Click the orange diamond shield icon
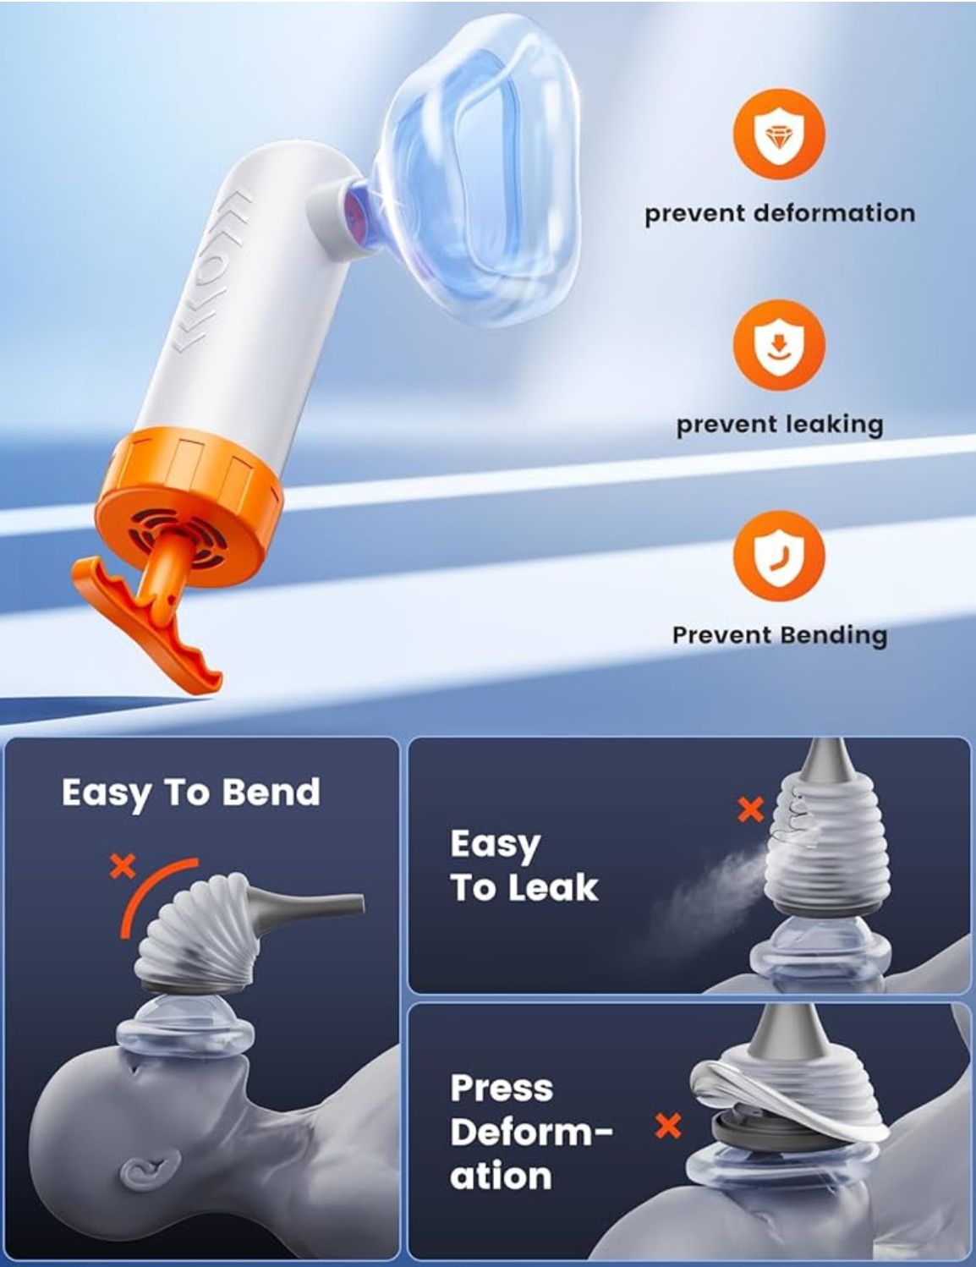[778, 135]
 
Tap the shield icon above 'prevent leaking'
[778, 346]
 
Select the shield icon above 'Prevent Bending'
[778, 556]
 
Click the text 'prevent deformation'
[779, 213]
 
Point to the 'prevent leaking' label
[779, 424]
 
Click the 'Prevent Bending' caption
[779, 635]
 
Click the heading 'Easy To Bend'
[191, 793]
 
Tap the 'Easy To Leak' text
[524, 865]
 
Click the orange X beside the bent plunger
[123, 865]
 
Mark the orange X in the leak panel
[750, 809]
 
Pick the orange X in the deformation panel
[668, 1126]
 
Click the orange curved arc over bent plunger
[152, 897]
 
